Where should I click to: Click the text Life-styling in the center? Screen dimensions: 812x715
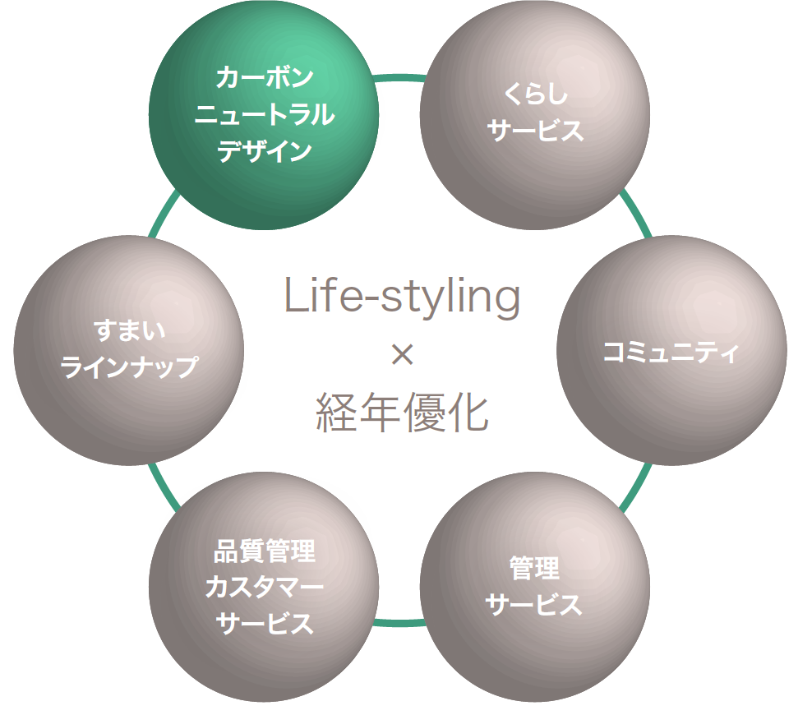(x=403, y=298)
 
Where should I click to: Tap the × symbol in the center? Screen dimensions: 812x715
(x=402, y=355)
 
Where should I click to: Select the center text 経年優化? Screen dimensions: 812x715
(x=403, y=413)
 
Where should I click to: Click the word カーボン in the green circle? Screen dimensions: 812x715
(x=264, y=78)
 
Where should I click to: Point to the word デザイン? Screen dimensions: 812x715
(x=264, y=151)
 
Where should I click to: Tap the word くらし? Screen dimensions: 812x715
(x=535, y=95)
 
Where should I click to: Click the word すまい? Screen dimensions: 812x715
(x=129, y=331)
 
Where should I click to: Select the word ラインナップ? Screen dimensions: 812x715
(x=129, y=367)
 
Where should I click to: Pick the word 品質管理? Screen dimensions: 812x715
(x=264, y=551)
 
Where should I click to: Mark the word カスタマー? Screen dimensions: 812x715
(x=264, y=587)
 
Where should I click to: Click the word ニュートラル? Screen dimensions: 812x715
(x=264, y=114)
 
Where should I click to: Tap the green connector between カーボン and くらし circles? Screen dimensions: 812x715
(x=399, y=79)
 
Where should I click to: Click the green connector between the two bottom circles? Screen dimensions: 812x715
(x=399, y=623)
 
